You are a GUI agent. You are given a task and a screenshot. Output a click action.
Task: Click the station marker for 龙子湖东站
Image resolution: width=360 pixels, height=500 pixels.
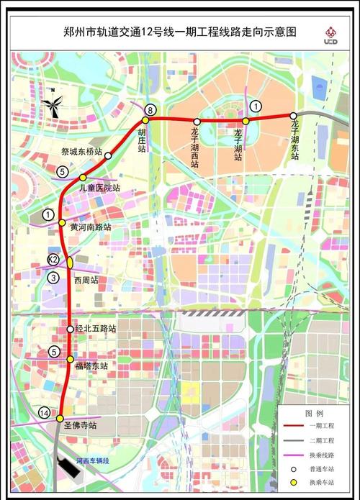click(293, 115)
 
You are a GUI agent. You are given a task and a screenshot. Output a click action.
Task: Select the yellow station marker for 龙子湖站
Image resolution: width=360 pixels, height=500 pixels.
click(246, 121)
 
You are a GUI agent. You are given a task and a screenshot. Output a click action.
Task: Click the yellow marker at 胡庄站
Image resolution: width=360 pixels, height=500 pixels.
click(145, 120)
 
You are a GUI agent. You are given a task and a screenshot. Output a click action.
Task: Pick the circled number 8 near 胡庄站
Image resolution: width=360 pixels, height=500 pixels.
click(149, 110)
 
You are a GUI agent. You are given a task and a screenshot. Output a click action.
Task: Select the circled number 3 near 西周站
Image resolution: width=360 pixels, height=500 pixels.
click(53, 278)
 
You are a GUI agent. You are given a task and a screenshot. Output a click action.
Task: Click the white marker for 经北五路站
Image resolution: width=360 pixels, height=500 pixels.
click(70, 329)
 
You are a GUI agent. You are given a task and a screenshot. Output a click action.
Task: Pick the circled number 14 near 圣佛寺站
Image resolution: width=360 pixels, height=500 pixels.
click(45, 412)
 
